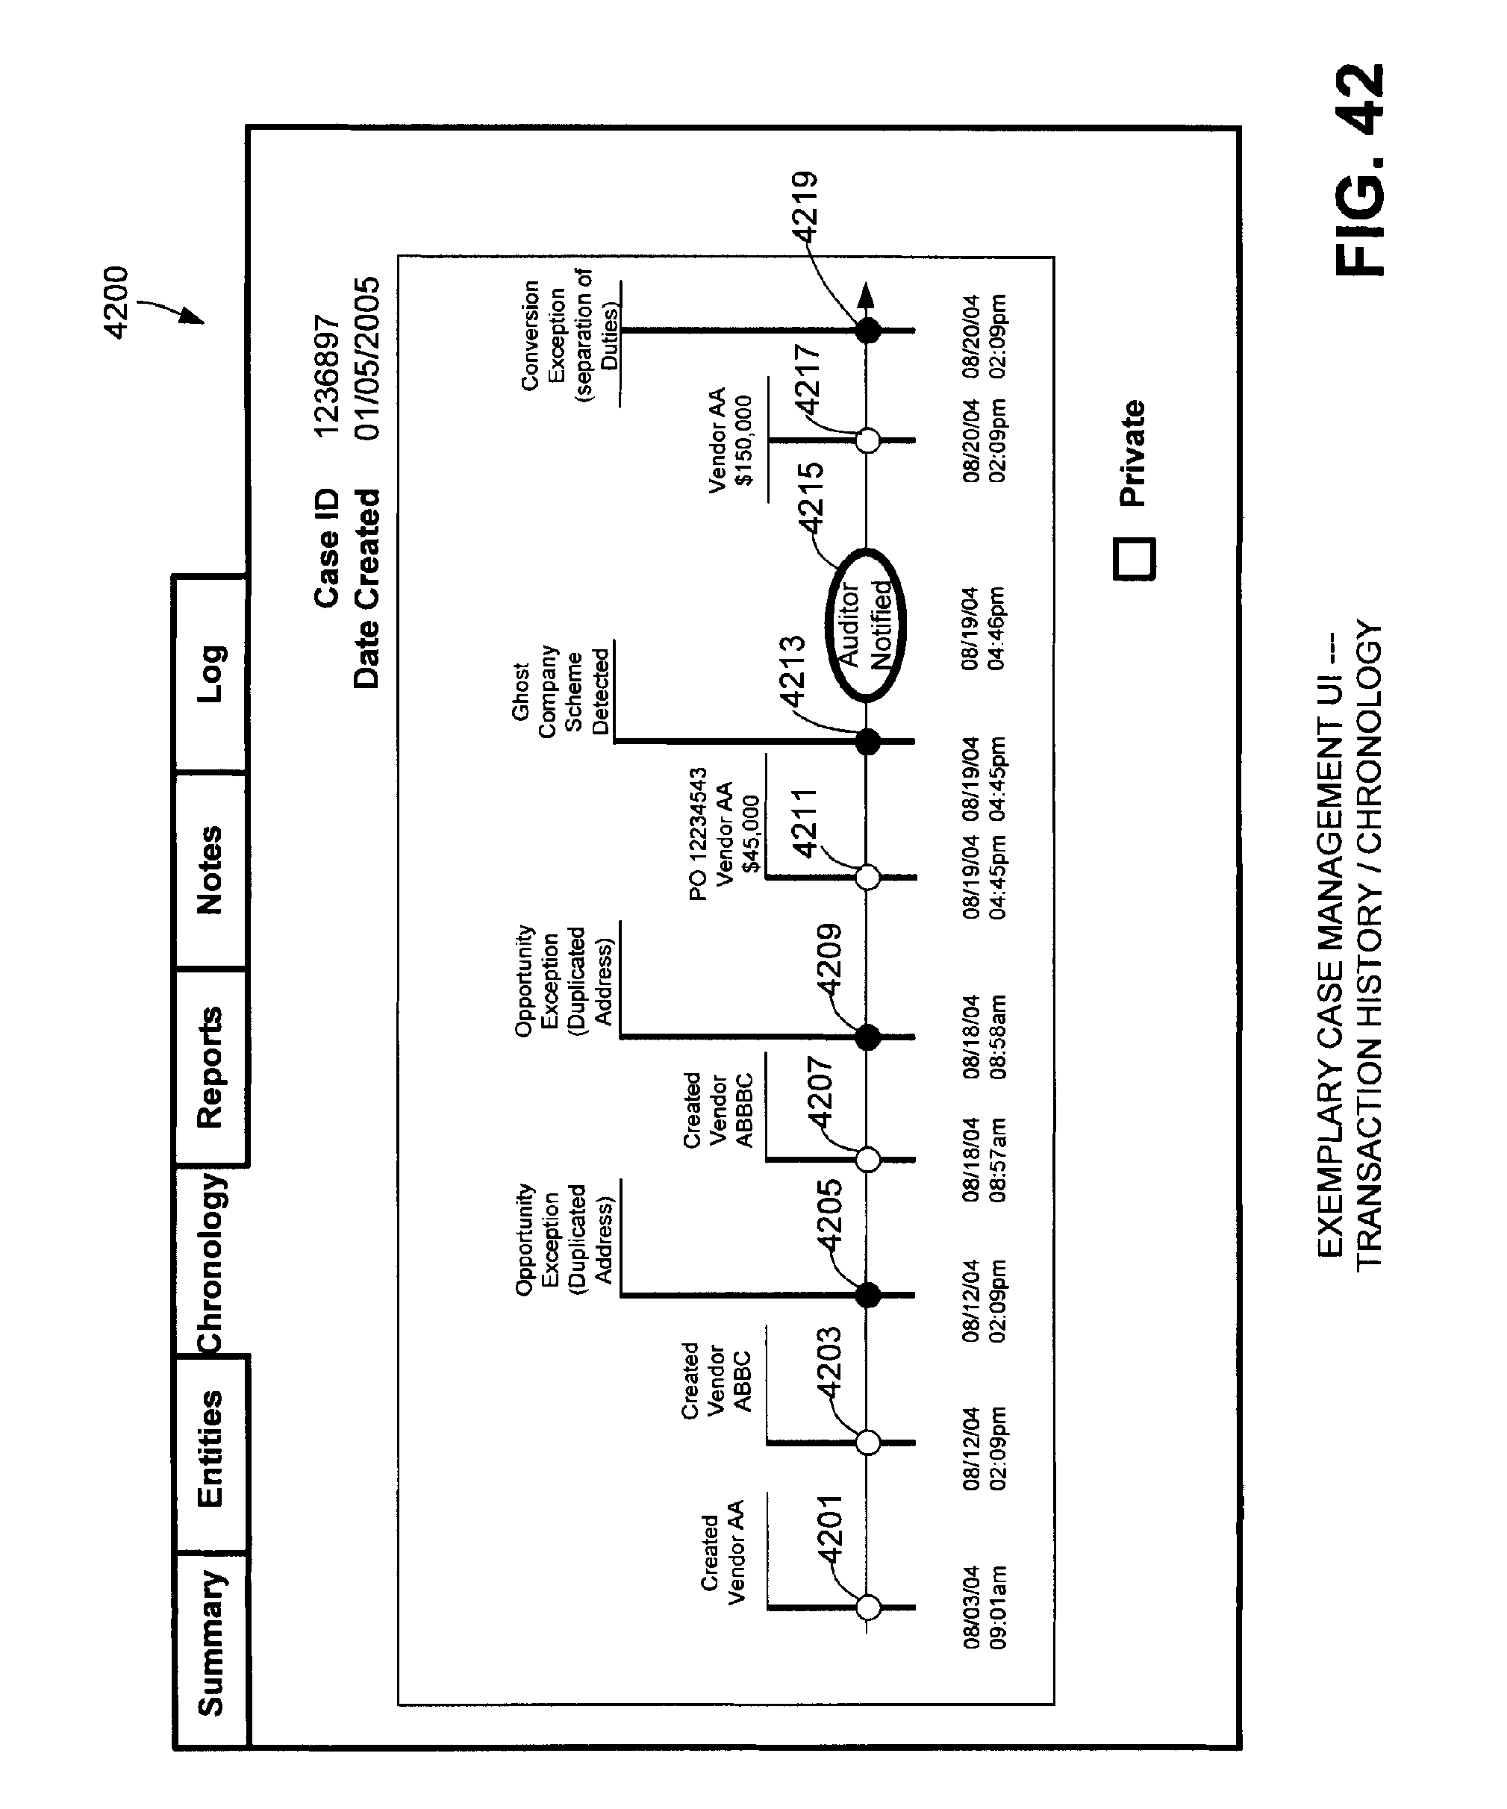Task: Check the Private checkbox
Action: (x=1135, y=559)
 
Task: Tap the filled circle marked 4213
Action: (x=867, y=742)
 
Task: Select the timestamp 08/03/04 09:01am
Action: (x=984, y=1608)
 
